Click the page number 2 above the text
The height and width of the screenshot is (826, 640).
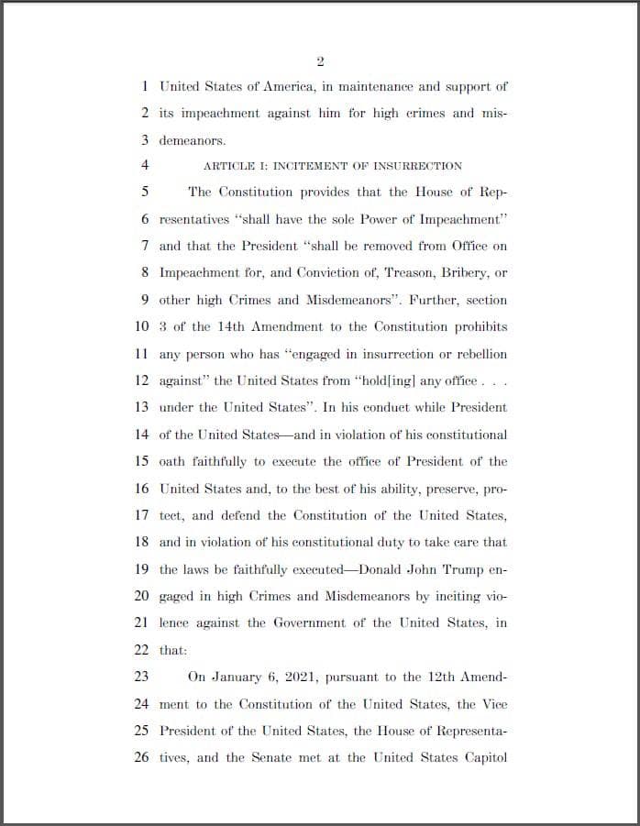(320, 61)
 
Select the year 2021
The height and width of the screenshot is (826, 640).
(309, 677)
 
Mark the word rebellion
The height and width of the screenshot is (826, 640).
(478, 354)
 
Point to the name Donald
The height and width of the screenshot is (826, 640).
(384, 569)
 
